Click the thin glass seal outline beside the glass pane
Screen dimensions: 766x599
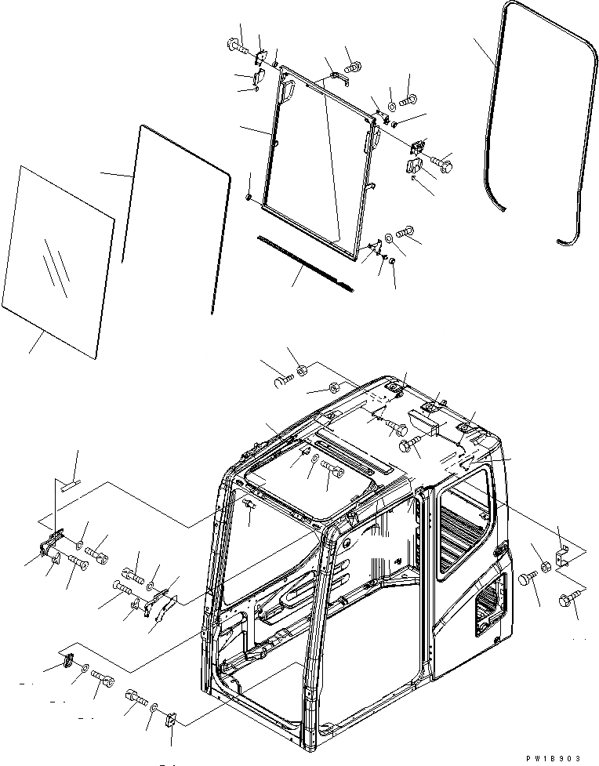[x=176, y=216]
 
